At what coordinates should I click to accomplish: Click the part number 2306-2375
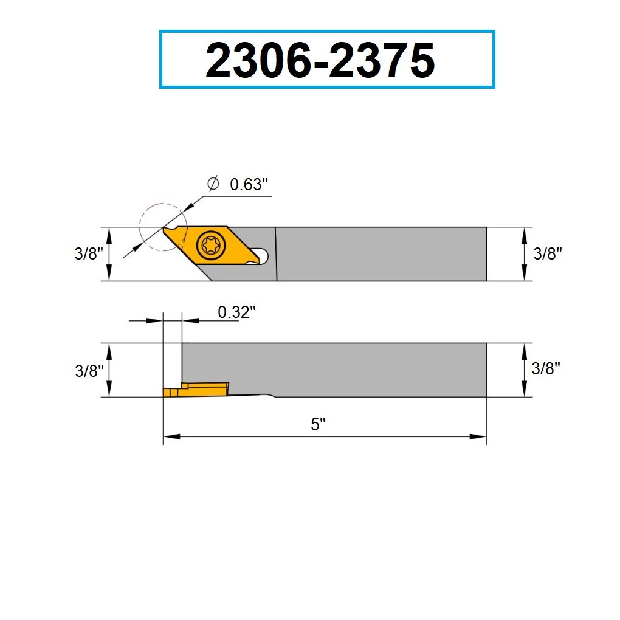click(x=320, y=60)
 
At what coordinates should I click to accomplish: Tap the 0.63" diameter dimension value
click(x=249, y=184)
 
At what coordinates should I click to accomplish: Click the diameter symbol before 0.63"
click(x=213, y=183)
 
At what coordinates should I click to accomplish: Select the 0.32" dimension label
click(x=236, y=312)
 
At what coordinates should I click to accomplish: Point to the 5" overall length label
click(x=318, y=424)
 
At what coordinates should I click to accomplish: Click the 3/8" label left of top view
click(x=89, y=253)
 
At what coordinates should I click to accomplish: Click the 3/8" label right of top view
click(x=547, y=253)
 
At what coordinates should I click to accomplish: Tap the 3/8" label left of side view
click(x=89, y=371)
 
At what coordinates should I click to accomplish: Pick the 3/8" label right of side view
click(x=546, y=368)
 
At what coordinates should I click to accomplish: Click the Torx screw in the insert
click(x=212, y=246)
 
